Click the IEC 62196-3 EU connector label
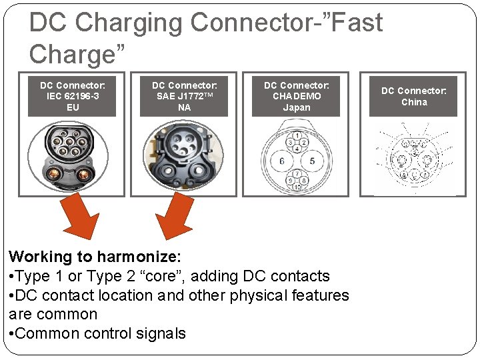tap(72, 96)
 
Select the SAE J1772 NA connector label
tap(184, 96)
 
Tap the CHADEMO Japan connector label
tap(296, 96)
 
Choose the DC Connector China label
tap(413, 96)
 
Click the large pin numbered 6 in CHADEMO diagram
tap(282, 161)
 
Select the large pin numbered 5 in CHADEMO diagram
tap(312, 161)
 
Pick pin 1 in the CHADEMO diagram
tap(297, 136)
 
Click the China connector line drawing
tap(414, 158)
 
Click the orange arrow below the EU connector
tap(78, 217)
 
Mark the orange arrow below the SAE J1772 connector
tap(175, 217)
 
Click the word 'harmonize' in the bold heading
tap(140, 257)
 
